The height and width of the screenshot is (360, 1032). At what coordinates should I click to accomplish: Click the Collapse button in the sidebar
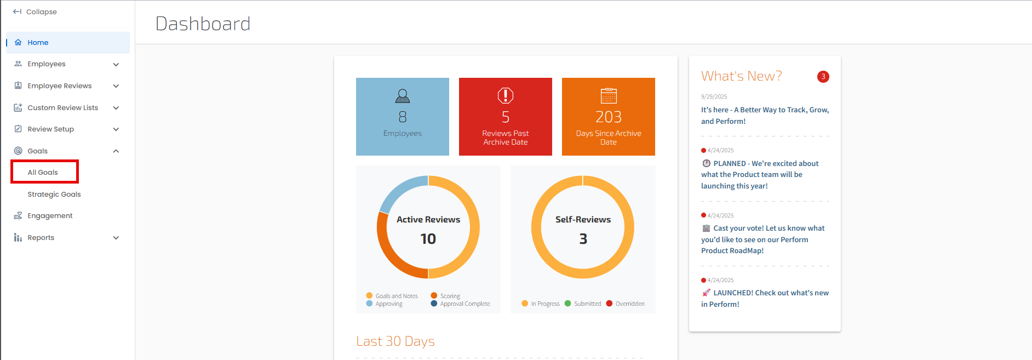35,12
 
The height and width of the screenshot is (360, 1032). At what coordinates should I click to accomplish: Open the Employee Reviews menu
60,85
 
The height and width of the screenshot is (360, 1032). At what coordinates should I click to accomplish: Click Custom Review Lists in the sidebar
63,107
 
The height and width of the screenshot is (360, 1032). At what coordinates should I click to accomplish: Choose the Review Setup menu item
51,129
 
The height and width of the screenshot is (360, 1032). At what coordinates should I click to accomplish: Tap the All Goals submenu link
43,172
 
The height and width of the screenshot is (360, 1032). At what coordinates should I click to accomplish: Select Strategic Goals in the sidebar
54,194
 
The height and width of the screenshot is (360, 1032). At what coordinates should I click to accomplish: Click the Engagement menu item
50,215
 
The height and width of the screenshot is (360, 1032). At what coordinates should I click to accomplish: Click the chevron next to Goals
116,151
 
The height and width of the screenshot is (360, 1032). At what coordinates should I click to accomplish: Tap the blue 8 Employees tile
403,117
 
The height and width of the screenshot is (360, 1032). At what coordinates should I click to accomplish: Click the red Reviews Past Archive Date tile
506,117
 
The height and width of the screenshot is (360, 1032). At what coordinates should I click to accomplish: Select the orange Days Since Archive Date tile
609,117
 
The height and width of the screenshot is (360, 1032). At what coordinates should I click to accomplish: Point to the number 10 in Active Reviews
428,239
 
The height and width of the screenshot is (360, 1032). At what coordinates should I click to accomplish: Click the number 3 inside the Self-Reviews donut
583,239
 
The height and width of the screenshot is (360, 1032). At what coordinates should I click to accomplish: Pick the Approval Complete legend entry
461,304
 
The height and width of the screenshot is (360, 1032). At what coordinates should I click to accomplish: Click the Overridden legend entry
625,304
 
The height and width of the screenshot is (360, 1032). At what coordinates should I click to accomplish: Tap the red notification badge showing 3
823,77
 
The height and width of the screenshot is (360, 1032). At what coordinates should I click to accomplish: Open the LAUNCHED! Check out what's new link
765,299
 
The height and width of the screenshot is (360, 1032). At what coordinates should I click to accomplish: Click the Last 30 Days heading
395,341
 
